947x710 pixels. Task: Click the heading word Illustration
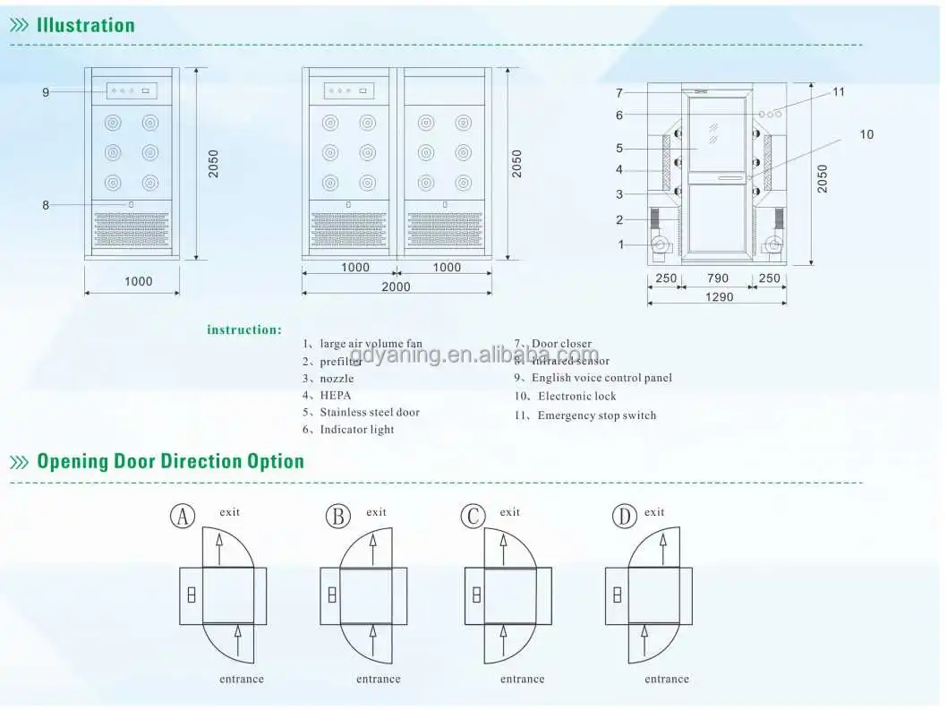point(85,25)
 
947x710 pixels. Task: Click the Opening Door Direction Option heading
point(170,462)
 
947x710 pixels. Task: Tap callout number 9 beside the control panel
point(46,92)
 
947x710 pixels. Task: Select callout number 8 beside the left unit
point(46,205)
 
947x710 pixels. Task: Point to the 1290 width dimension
point(718,296)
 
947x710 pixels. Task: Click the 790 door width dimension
point(718,278)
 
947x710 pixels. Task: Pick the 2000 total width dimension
point(396,287)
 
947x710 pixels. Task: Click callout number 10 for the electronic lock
point(866,134)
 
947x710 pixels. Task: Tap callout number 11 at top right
point(838,91)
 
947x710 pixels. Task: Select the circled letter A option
point(183,517)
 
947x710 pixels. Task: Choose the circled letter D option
point(623,517)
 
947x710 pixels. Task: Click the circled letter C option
point(473,517)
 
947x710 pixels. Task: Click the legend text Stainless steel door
point(369,413)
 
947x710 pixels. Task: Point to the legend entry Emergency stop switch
point(596,415)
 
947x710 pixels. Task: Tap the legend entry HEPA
point(335,395)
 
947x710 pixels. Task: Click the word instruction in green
point(244,329)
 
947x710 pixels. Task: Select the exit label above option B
point(376,512)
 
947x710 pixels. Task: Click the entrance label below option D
point(667,679)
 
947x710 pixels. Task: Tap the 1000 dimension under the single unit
point(138,281)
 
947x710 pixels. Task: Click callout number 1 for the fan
point(620,244)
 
